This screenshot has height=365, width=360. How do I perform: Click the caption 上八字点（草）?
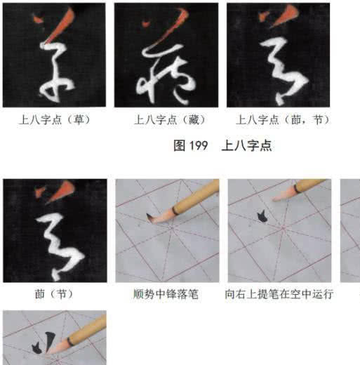[x=54, y=120]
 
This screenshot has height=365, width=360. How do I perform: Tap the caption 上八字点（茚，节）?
[x=281, y=120]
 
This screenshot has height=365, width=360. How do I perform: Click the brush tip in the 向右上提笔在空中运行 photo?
[x=276, y=199]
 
